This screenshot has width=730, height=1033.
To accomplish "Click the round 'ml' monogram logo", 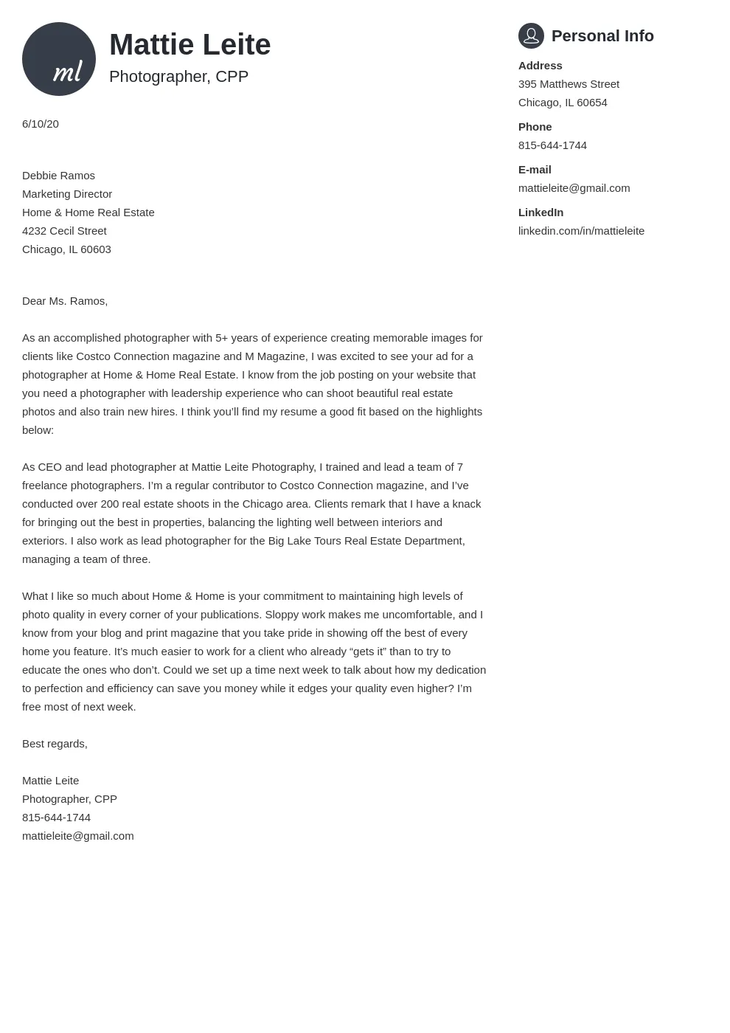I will point(59,59).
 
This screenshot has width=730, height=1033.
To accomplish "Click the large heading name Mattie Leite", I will point(190,45).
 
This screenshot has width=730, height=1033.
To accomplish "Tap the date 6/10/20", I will point(41,124).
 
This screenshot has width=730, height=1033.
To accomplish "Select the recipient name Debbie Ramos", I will point(58,176).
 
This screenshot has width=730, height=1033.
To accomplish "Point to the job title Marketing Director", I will point(67,194).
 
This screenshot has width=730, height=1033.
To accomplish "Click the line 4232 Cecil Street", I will point(64,231).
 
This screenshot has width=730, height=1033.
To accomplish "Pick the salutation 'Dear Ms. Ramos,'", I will point(65,301).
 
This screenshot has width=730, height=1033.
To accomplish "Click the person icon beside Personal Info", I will point(531,35).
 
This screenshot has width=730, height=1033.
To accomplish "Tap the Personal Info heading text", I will point(602,36).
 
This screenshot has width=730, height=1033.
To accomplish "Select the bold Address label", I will point(540,66).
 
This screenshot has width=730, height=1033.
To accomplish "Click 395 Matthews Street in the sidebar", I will point(569,84).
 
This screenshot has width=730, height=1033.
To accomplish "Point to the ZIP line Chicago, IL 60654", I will point(563,103).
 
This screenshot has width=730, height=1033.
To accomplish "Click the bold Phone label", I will point(535,127).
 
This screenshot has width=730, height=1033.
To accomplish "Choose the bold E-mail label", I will point(535,170).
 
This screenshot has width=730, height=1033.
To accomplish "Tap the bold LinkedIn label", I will point(540,213).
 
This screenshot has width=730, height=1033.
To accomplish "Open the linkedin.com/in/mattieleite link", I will point(581,231).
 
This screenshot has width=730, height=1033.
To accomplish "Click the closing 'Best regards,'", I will point(55,744).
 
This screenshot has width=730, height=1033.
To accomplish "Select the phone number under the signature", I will point(56,818).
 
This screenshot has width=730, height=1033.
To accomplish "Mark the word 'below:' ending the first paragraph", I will point(38,430).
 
